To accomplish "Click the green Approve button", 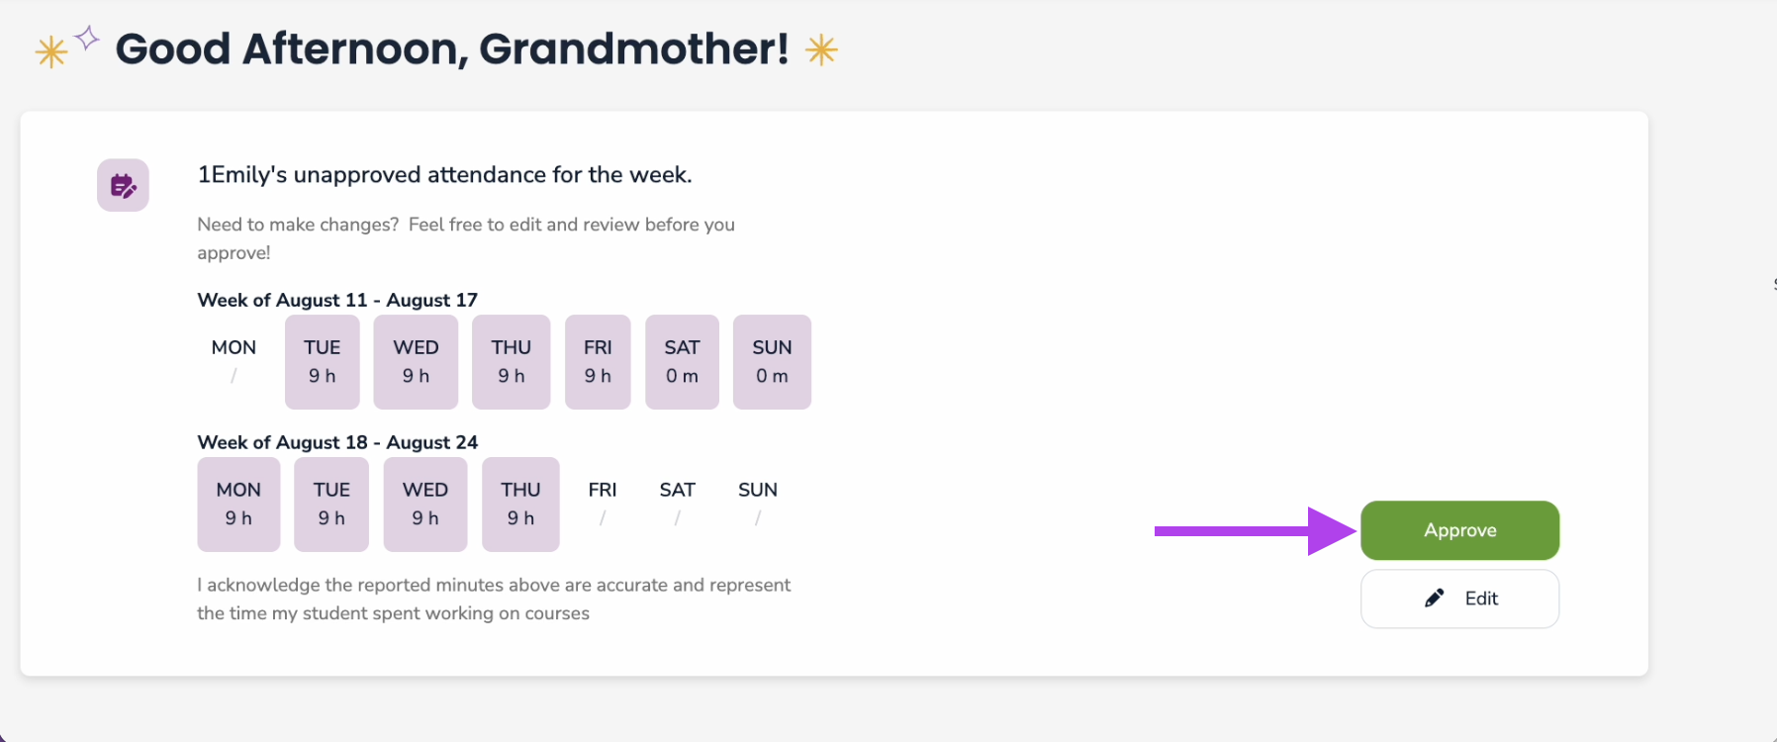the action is (1459, 530).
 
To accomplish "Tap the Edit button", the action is (1459, 599).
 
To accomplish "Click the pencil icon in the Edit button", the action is (1434, 598).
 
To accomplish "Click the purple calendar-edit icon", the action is (123, 185).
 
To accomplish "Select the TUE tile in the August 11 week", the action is (323, 362).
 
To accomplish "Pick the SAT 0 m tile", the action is (682, 362).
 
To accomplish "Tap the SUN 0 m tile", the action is (772, 362).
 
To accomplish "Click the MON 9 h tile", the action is (238, 505).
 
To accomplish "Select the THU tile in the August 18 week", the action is (520, 505).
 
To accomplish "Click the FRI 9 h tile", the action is (598, 362).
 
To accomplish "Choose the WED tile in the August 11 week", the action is (416, 362).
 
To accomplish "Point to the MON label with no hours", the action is (234, 347).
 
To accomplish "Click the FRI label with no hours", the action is (603, 490).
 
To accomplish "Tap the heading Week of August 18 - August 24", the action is (337, 442).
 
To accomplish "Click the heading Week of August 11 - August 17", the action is (337, 300).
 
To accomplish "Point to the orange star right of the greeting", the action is (821, 49).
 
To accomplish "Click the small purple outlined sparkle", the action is (87, 38).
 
